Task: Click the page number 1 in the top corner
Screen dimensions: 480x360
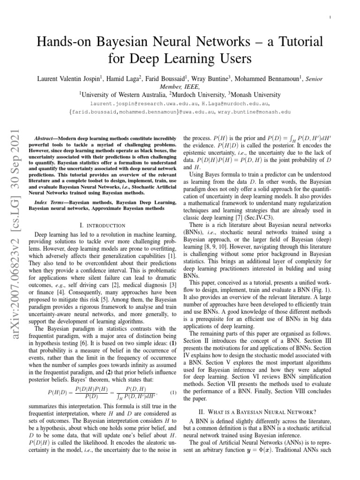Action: coord(331,18)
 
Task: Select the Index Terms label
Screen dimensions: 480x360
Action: coord(51,202)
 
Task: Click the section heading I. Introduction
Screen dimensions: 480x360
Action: coord(103,226)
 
